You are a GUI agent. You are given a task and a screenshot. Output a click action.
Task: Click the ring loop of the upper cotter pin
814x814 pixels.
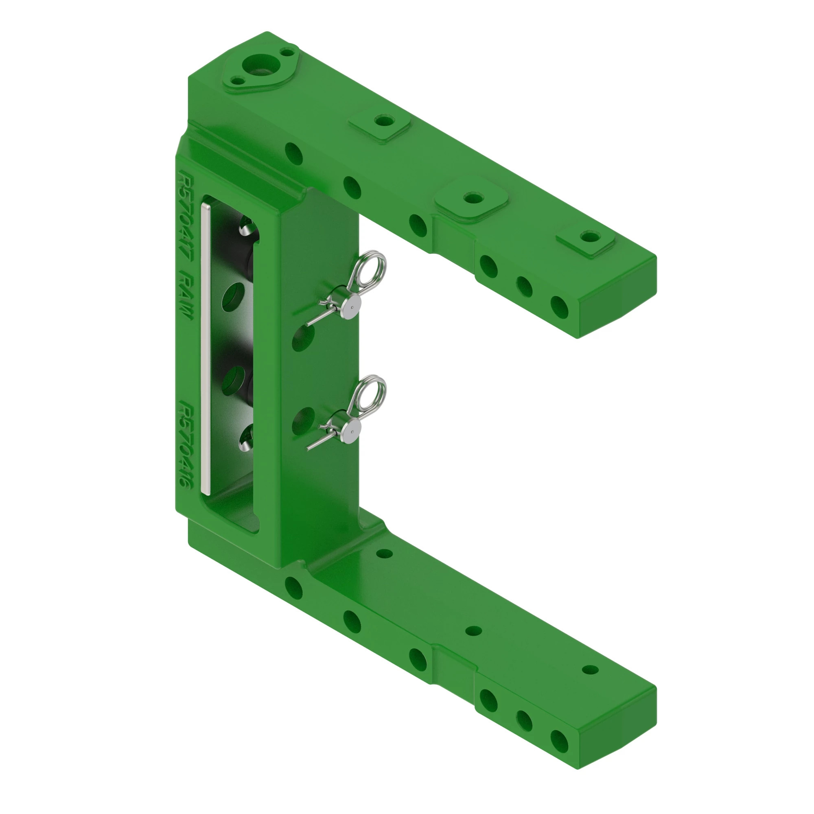tap(371, 267)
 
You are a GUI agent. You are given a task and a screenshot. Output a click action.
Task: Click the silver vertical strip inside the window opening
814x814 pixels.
tap(205, 346)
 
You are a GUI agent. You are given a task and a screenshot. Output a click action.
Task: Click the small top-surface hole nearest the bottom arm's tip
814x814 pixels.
tap(590, 670)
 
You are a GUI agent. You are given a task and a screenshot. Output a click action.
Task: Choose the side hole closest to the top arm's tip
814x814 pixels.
tap(559, 306)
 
